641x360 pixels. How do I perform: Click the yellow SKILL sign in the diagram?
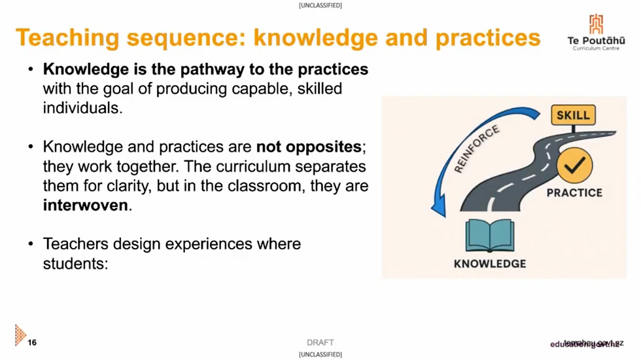573,116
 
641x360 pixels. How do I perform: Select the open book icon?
489,236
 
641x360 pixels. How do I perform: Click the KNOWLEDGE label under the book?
489,264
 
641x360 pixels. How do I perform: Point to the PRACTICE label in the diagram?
574,193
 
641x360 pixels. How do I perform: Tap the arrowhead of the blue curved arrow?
438,209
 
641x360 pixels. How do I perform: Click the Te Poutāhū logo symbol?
596,24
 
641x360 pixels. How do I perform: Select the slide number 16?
32,342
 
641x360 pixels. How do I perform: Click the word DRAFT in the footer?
320,342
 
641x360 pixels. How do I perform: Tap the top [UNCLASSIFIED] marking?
320,5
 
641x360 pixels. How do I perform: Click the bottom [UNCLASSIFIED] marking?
320,355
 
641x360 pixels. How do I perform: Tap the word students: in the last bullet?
73,264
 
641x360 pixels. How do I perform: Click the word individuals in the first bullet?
81,107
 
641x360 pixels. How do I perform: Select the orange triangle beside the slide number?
20,334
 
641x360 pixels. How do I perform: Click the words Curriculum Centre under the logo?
596,48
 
